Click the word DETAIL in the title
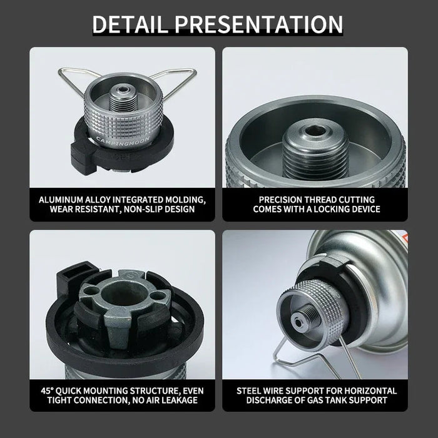point(131,24)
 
